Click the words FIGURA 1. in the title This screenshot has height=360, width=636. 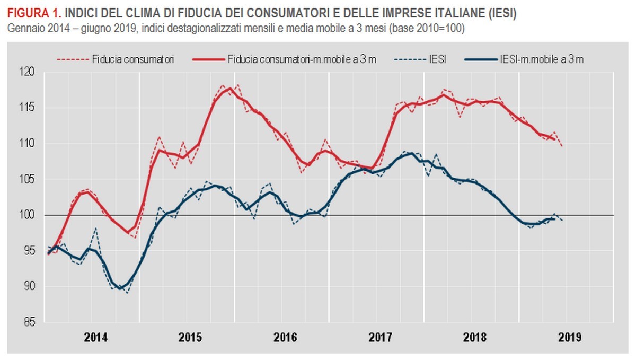[33, 13]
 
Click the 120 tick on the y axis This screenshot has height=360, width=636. [33, 72]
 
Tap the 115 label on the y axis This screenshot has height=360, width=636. [33, 108]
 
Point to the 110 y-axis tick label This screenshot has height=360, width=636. [33, 144]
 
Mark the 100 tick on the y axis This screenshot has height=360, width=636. [33, 215]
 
